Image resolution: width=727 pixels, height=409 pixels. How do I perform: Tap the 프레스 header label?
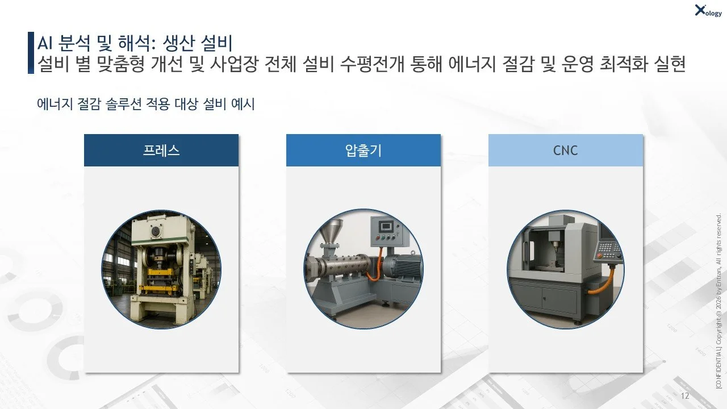pyautogui.click(x=161, y=151)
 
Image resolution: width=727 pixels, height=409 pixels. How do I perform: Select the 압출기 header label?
pyautogui.click(x=363, y=151)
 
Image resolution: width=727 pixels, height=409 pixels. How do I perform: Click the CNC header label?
pyautogui.click(x=565, y=151)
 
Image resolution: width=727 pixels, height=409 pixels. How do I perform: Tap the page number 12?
pyautogui.click(x=684, y=396)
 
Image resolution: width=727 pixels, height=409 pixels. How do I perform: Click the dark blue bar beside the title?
pyautogui.click(x=31, y=53)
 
